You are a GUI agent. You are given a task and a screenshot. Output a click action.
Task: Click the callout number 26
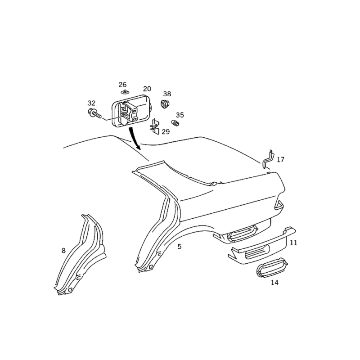coord(122,85)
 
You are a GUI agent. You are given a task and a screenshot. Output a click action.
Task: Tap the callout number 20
coord(147,89)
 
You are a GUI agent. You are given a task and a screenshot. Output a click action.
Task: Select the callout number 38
coord(167,94)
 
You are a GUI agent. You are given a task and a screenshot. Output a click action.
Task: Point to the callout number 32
coord(91,103)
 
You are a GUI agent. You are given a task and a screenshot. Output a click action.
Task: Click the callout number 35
coord(180,115)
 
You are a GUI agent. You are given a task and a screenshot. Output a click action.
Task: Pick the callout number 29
coord(166,132)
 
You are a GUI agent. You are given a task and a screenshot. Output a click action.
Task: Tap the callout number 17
coord(280,159)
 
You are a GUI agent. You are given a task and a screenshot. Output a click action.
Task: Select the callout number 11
coord(293,243)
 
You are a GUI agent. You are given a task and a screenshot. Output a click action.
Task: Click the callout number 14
coord(274,283)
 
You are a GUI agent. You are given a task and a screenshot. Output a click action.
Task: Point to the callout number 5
coord(180,247)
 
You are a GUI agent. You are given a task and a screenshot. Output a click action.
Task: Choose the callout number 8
coord(63,251)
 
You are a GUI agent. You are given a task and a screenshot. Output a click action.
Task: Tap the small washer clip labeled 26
coord(126,92)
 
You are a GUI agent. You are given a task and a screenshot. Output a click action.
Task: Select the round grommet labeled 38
coord(165,104)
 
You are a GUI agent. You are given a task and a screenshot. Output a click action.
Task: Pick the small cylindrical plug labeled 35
coord(175,123)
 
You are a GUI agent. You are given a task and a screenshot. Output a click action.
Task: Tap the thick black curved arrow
coord(134,137)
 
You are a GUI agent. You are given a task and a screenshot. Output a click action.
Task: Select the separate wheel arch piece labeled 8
coord(81,255)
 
